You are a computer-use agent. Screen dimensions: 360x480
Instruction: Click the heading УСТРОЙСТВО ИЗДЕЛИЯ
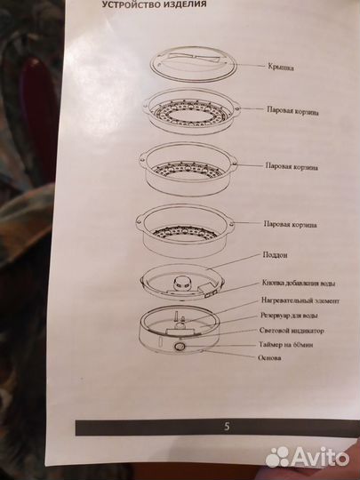(x=154, y=4)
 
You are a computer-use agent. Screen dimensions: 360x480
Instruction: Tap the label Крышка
(x=280, y=67)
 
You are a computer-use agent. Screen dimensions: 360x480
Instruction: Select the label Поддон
(x=275, y=255)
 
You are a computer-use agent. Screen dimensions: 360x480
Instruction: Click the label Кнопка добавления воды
(x=299, y=284)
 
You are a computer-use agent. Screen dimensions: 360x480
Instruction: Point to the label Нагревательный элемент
(x=300, y=300)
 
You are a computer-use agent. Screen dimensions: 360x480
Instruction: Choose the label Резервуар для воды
(x=289, y=316)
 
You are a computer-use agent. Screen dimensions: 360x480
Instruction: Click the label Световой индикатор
(x=292, y=331)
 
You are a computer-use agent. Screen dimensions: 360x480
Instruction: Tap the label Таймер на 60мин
(x=286, y=345)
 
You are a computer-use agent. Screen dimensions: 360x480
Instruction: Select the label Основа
(x=269, y=357)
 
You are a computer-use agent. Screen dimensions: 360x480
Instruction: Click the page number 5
(x=227, y=427)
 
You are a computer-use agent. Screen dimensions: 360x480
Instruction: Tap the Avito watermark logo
(x=307, y=457)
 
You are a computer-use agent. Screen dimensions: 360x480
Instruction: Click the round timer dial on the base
(x=180, y=347)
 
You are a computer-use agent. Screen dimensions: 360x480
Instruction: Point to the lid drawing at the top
(x=194, y=64)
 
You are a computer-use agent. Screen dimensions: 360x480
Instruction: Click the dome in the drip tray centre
(x=181, y=283)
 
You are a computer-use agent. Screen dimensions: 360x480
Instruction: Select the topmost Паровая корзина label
(x=292, y=111)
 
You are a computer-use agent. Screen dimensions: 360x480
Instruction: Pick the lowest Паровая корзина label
(x=290, y=224)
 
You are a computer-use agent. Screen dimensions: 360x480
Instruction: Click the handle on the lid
(x=195, y=58)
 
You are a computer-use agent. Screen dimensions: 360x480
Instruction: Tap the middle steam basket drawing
(x=188, y=169)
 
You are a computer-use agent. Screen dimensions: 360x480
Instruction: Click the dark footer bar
(x=218, y=427)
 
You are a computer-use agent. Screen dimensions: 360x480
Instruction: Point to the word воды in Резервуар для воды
(x=310, y=316)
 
